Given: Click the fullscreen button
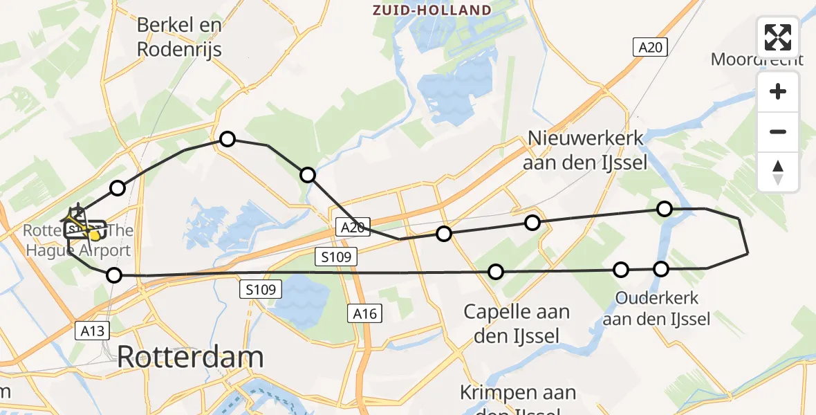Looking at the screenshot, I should [778, 37].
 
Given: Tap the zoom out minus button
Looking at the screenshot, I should [778, 132].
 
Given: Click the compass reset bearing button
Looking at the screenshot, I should [778, 172].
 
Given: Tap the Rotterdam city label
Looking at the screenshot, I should [190, 358].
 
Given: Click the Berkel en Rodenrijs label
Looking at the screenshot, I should [180, 37].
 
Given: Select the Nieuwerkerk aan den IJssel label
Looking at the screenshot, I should [586, 150].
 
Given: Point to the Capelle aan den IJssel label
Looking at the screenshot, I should [517, 323].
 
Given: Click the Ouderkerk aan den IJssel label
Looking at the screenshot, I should [656, 308].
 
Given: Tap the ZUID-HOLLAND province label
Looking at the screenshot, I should [432, 10].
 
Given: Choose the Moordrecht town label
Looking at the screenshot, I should [757, 59].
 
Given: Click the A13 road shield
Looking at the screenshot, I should [92, 331].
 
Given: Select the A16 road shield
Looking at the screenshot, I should [364, 314].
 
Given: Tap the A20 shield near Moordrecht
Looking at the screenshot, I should [651, 47].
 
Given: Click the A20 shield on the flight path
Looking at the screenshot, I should [352, 227].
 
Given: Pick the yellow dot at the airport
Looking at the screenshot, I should [94, 236].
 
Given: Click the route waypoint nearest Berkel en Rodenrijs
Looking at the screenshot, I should [228, 140].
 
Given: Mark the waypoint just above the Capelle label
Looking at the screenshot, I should [496, 272].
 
